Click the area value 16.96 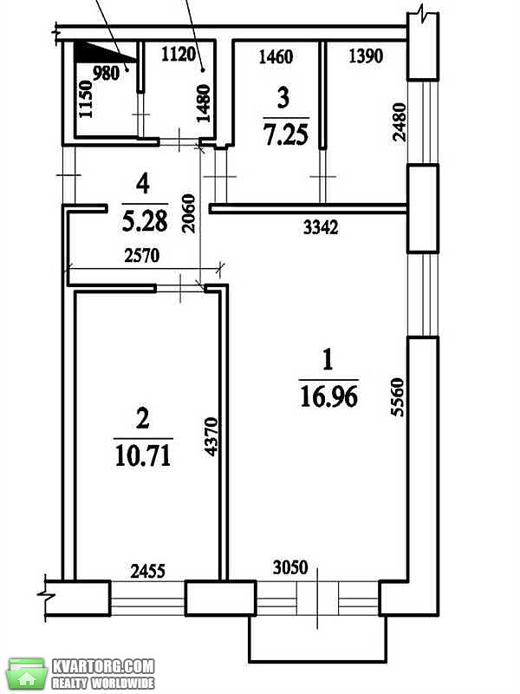[329, 396]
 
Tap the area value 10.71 [143, 455]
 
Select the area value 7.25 [286, 134]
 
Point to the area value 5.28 [145, 221]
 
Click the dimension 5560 [398, 396]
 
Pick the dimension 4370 [211, 436]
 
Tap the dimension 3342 [321, 227]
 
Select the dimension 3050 [290, 567]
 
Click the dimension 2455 [148, 571]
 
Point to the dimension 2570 [141, 255]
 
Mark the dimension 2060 [188, 213]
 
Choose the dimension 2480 [399, 121]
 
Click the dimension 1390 [366, 56]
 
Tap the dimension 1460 [276, 56]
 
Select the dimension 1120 [179, 55]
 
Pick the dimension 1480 [204, 103]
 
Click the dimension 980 [106, 73]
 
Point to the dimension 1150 [86, 99]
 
